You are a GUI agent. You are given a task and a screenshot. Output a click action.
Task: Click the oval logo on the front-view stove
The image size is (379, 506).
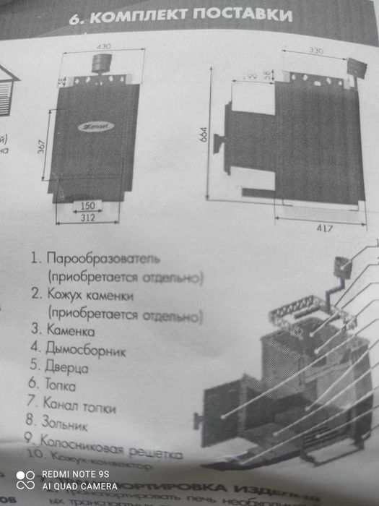coord(91,126)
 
